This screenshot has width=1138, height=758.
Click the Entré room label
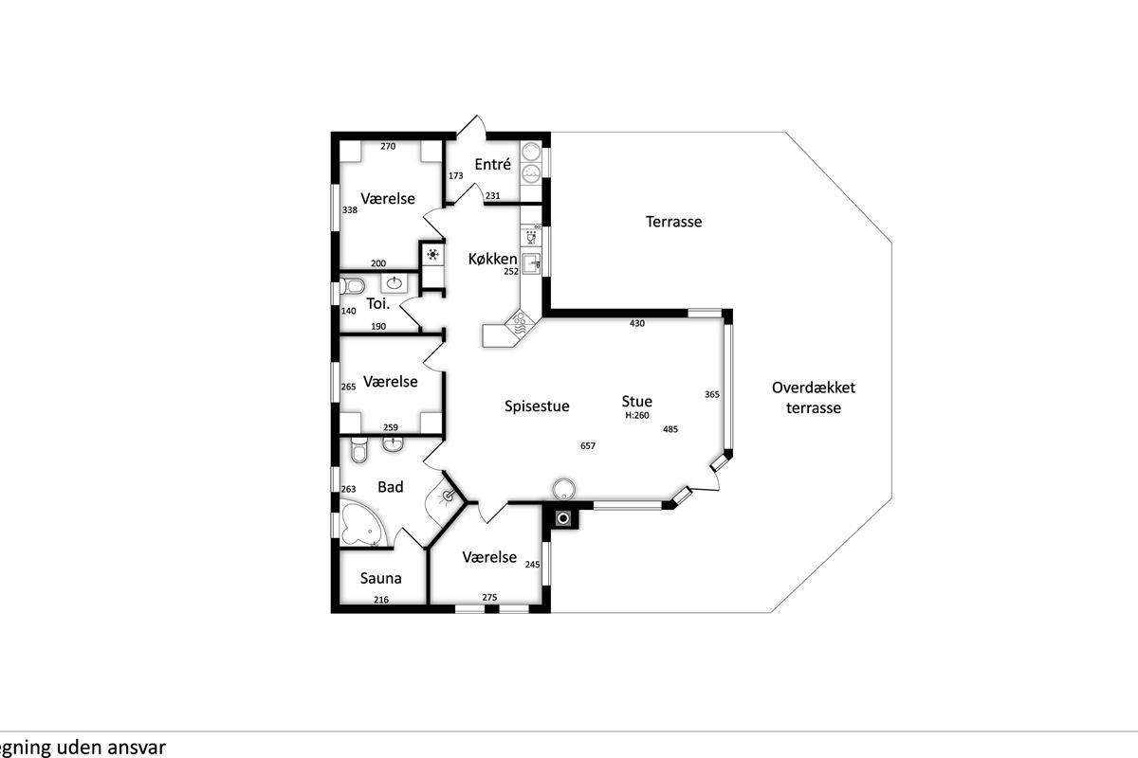click(492, 164)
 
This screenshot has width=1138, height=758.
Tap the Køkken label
click(492, 259)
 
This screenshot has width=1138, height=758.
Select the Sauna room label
click(380, 578)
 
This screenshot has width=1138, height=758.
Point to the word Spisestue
click(537, 406)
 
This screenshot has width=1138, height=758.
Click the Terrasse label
click(673, 222)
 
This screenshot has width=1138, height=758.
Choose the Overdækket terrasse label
click(814, 398)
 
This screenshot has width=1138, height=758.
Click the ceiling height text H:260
click(636, 415)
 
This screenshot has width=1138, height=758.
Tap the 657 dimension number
click(588, 445)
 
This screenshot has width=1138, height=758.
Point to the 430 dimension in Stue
click(637, 323)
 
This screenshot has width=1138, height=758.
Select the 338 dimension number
click(350, 209)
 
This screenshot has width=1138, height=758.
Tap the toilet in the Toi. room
click(352, 286)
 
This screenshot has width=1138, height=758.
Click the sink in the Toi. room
click(394, 282)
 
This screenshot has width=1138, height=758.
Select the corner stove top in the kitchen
click(520, 324)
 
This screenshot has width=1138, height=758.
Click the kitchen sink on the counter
click(531, 263)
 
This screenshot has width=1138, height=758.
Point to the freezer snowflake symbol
click(432, 254)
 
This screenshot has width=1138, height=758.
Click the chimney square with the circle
click(563, 518)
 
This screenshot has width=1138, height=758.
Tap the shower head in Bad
click(448, 496)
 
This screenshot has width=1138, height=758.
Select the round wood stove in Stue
click(563, 489)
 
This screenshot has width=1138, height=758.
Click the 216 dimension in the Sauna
click(381, 600)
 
